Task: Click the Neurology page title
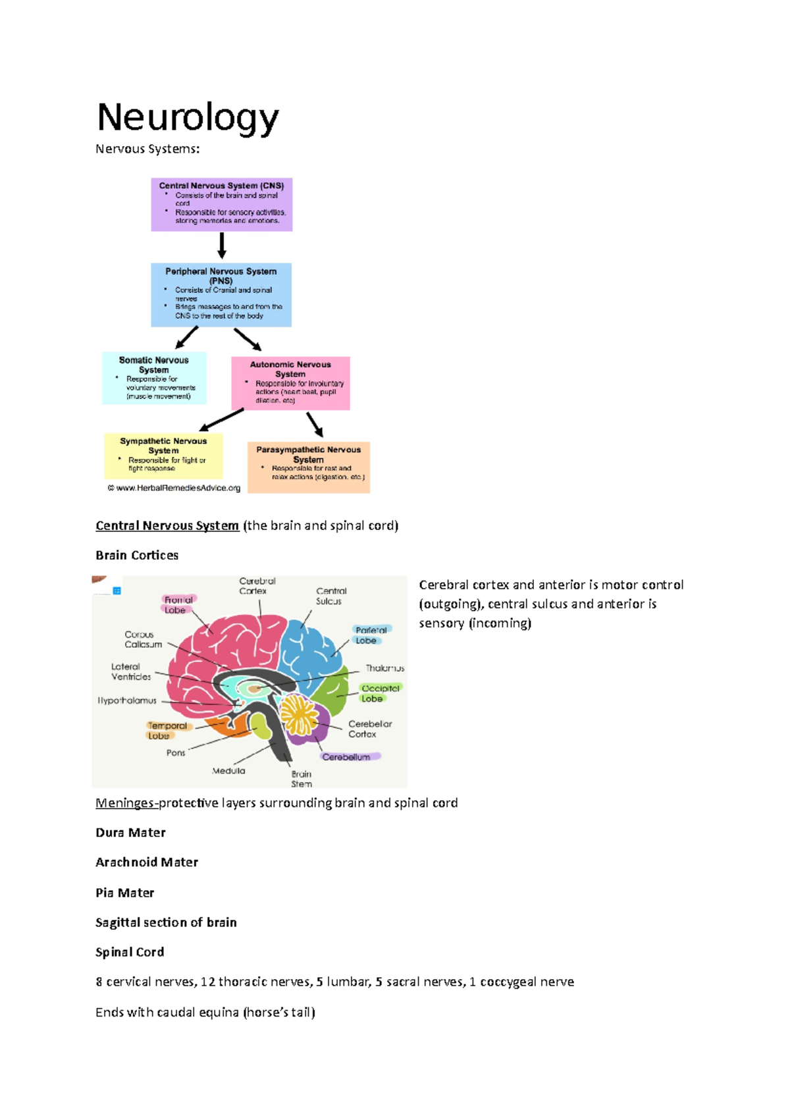point(188,119)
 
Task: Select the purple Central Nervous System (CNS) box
point(221,204)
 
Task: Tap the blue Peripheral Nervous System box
point(221,294)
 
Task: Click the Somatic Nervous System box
point(154,378)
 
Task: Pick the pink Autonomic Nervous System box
point(290,383)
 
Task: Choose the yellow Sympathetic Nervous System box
point(163,455)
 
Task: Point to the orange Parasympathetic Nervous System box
point(309,467)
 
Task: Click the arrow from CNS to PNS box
point(222,246)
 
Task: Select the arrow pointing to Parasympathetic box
point(315,425)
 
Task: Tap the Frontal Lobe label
point(178,604)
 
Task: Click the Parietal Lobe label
point(371,635)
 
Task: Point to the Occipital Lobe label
point(380,693)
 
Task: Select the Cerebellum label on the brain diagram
point(347,757)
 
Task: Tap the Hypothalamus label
point(127,701)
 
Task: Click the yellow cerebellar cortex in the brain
point(300,714)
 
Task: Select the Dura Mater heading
point(130,832)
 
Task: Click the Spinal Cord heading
point(130,951)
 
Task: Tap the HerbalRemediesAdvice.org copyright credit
point(174,488)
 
